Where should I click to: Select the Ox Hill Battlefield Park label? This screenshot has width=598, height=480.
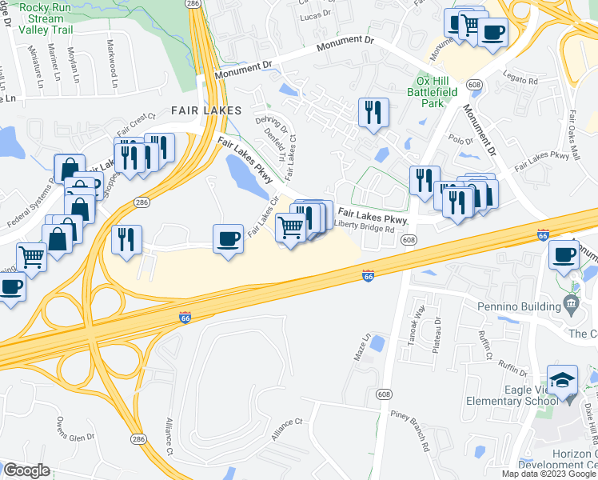coord(437,92)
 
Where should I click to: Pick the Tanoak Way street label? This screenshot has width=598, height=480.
coord(418,322)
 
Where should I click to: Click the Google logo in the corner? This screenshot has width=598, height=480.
coord(26,470)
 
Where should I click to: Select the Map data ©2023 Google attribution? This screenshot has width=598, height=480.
coord(548,474)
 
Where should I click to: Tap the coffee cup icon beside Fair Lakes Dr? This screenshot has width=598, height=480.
coord(228,238)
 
